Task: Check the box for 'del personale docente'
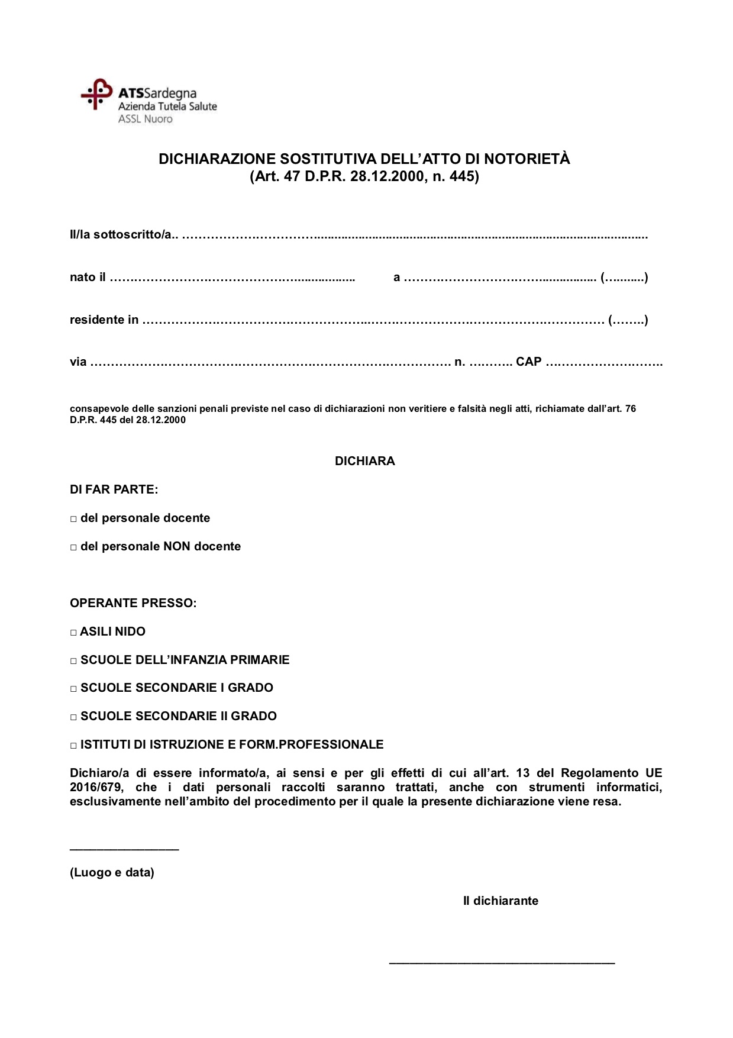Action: pyautogui.click(x=74, y=519)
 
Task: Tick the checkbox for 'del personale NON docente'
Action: pyautogui.click(x=74, y=547)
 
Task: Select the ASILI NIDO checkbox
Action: pyautogui.click(x=74, y=633)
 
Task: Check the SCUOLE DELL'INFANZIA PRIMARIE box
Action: pyautogui.click(x=74, y=660)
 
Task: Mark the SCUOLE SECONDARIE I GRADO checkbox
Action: pyautogui.click(x=74, y=689)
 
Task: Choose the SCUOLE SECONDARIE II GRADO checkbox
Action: pyautogui.click(x=74, y=717)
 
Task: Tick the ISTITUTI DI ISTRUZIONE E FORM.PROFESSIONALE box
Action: pyautogui.click(x=74, y=746)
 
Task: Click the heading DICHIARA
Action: pyautogui.click(x=364, y=461)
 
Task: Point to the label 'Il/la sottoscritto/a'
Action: pyautogui.click(x=121, y=235)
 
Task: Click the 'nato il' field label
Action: pyautogui.click(x=88, y=277)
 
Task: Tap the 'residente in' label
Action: pyautogui.click(x=104, y=320)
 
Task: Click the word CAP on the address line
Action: pyautogui.click(x=528, y=362)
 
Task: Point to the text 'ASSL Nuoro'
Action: pyautogui.click(x=145, y=119)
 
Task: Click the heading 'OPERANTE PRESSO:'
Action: pyautogui.click(x=133, y=604)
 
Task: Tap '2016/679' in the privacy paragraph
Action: pyautogui.click(x=95, y=788)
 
